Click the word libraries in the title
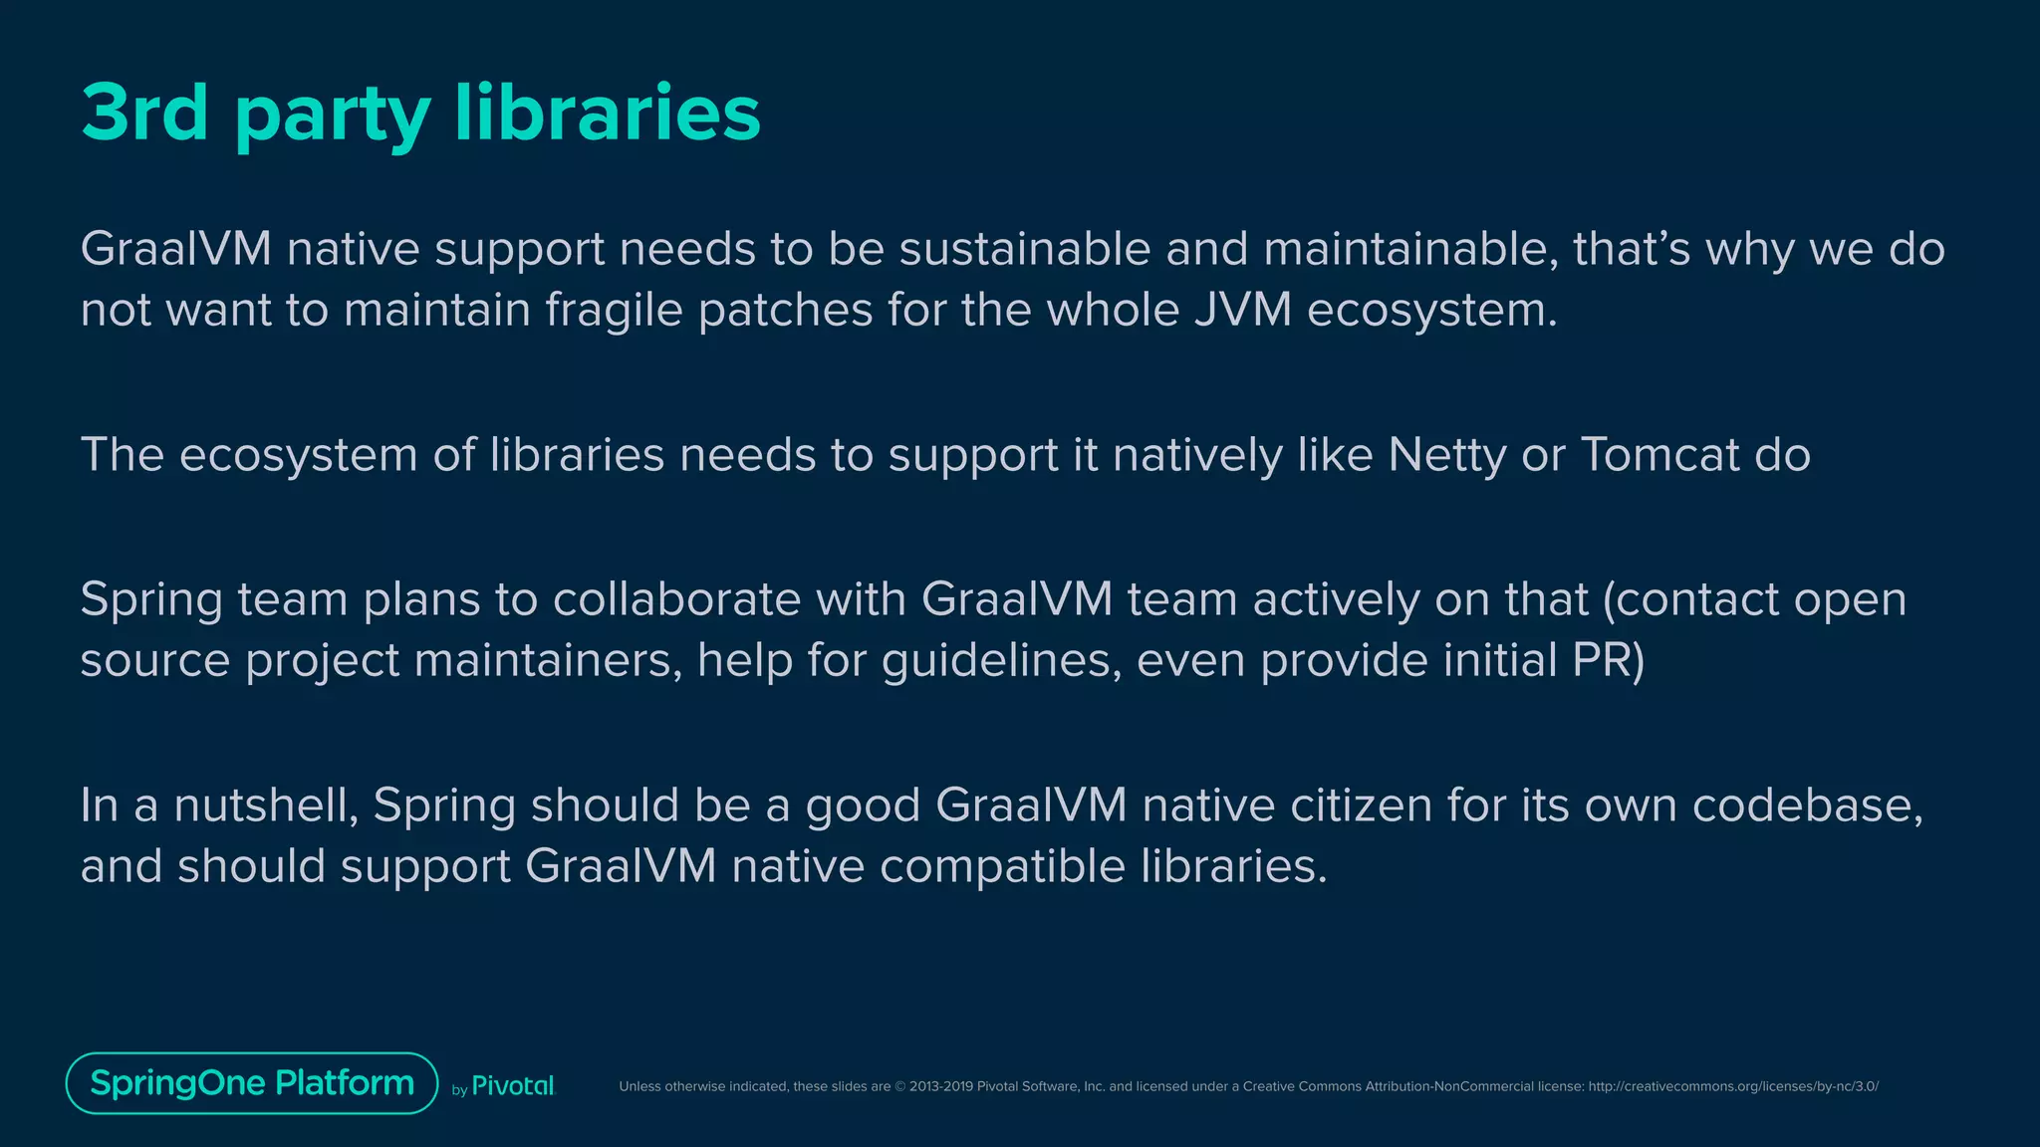(607, 113)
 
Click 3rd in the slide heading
(144, 113)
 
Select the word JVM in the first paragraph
(1242, 310)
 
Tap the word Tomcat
(1659, 455)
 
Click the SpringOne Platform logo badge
(252, 1083)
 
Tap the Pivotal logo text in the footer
(512, 1086)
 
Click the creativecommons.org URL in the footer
(1732, 1086)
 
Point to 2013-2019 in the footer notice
(940, 1086)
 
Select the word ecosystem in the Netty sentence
(298, 455)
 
